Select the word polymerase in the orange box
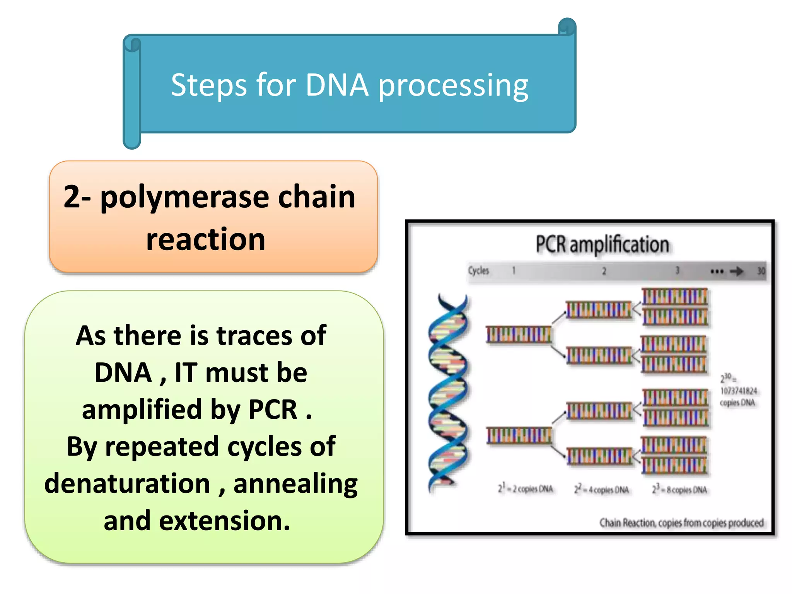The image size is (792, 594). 184,198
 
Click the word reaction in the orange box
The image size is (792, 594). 206,240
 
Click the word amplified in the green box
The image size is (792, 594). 142,410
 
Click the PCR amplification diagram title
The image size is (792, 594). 602,245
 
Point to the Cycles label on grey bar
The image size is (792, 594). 478,271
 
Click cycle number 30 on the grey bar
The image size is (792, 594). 761,271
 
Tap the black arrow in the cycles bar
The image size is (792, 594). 736,271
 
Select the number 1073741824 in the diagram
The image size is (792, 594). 738,391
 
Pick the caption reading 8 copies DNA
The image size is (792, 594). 679,490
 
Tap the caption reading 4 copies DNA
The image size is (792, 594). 602,490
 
